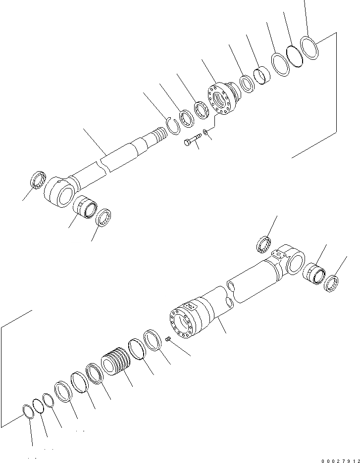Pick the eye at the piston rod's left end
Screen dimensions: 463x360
tap(60, 193)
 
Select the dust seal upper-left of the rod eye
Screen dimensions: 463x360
tap(38, 179)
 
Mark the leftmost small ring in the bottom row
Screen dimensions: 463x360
tap(29, 412)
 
